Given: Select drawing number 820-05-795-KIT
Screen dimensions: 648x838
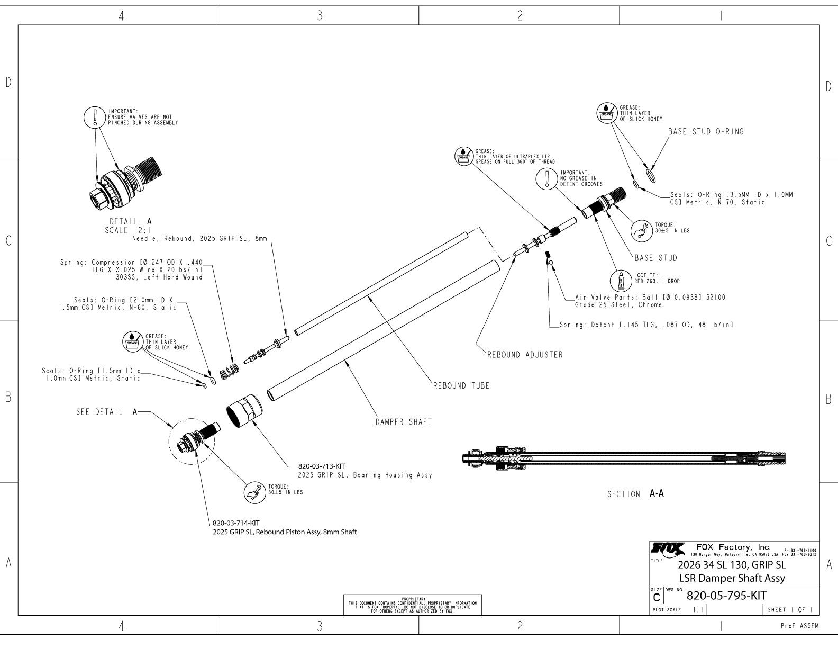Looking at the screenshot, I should coord(726,596).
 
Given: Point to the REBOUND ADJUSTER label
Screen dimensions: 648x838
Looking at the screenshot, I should coord(525,355).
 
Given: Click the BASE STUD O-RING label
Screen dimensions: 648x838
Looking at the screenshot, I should coord(706,132).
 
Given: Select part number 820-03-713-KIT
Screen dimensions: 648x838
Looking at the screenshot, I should coord(322,466).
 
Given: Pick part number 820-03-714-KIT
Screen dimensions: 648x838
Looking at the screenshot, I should coord(236,523).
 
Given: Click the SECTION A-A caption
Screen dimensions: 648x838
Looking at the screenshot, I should coord(635,494).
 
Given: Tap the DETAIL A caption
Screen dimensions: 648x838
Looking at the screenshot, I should coord(130,221).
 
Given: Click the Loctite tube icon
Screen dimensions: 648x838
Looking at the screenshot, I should coord(623,279).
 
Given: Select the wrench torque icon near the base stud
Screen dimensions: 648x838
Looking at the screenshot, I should coord(641,229).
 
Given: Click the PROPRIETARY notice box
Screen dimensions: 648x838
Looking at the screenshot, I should coord(413,605).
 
